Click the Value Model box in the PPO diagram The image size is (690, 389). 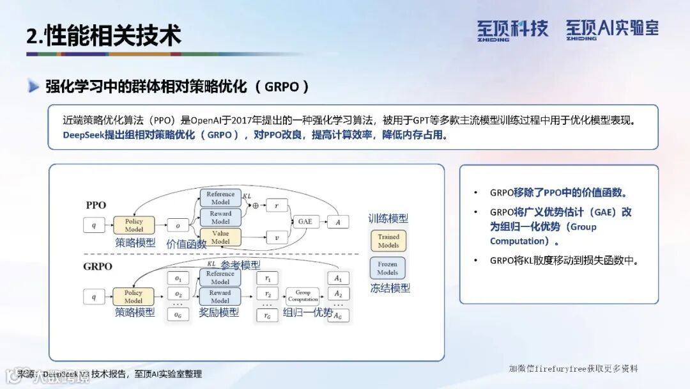pos(220,237)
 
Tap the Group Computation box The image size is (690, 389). pos(303,296)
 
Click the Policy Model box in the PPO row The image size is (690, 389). pos(134,225)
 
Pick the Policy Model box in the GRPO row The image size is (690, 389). pos(134,296)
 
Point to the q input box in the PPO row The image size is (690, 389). pos(94,225)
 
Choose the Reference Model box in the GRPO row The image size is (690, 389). pos(220,277)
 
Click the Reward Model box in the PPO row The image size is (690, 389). pos(220,217)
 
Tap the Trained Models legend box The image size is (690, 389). pos(388,241)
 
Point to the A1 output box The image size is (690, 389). pos(338,278)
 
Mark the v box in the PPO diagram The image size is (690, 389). pos(277,237)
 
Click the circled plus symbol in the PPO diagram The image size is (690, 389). pos(255,206)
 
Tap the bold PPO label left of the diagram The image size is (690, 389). pos(96,205)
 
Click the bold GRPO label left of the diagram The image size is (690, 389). pos(98,266)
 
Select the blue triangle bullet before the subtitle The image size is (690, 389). pos(34,86)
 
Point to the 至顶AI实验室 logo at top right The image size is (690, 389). pos(611,29)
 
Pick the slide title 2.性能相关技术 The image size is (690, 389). pos(103,35)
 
